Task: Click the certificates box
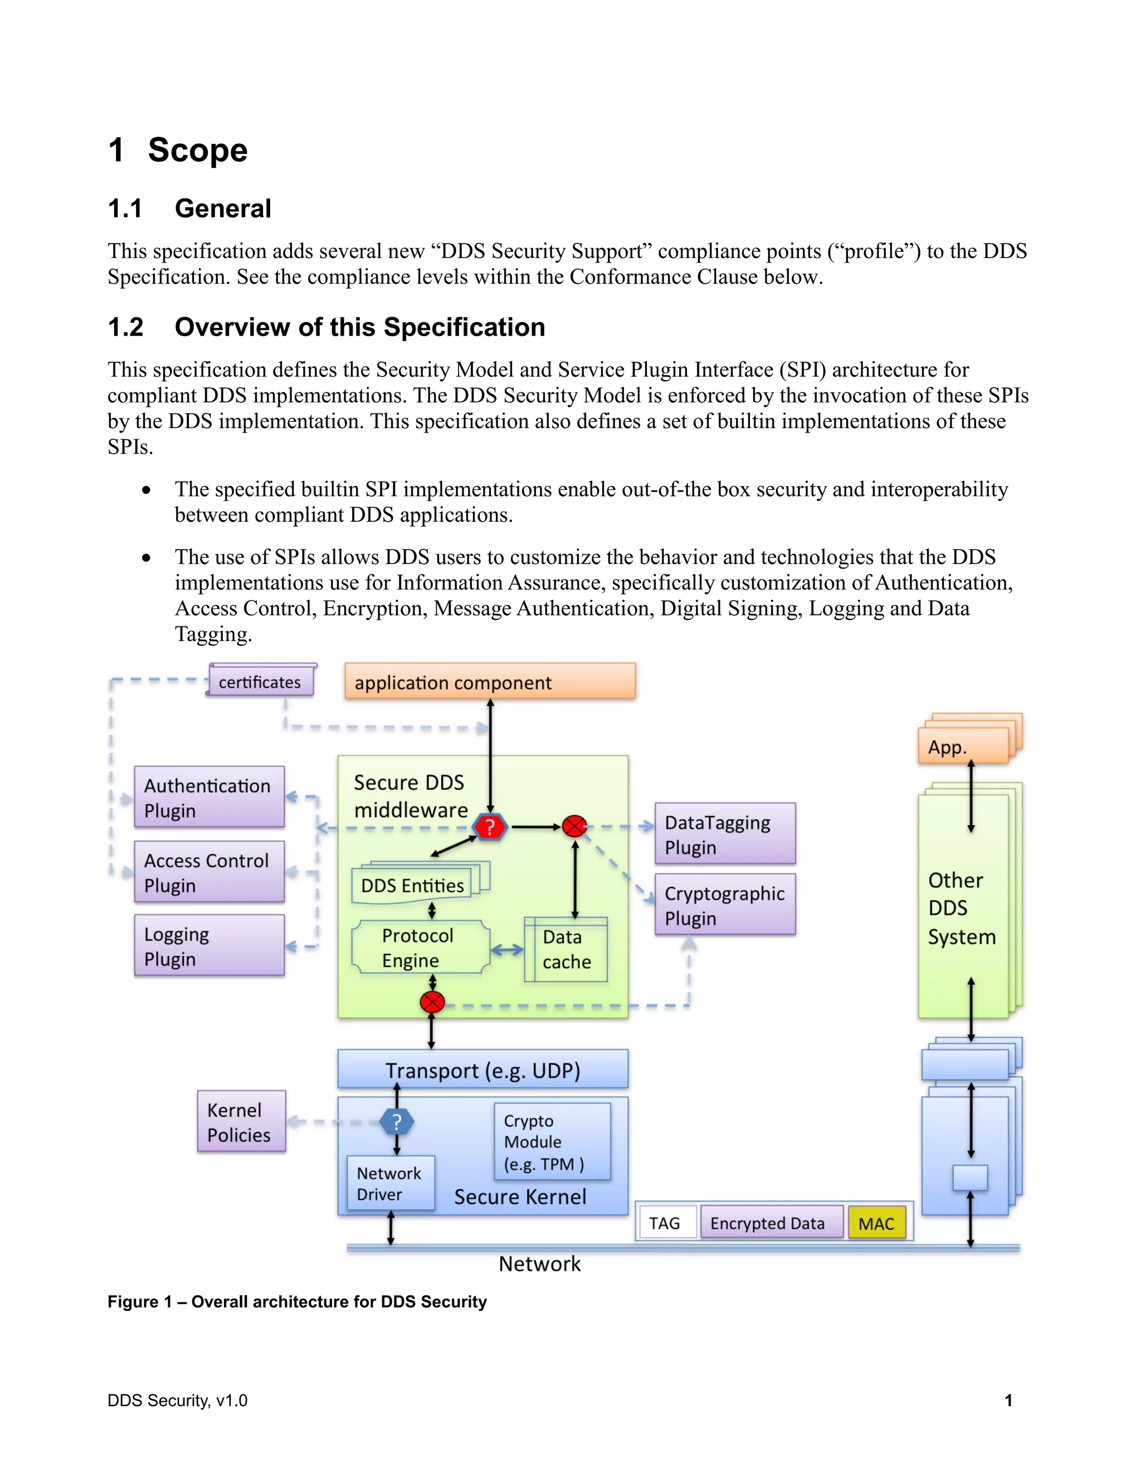point(260,682)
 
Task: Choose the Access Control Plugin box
point(209,872)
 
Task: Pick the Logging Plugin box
point(209,945)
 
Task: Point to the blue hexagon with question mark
point(397,1122)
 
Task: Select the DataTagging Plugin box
point(725,834)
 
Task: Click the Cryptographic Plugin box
point(725,905)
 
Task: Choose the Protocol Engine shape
point(419,948)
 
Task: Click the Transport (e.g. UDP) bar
point(482,1070)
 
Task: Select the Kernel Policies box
point(241,1121)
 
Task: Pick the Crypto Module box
point(552,1141)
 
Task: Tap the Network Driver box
point(390,1183)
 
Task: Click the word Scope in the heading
point(197,150)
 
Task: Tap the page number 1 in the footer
point(1008,1401)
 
